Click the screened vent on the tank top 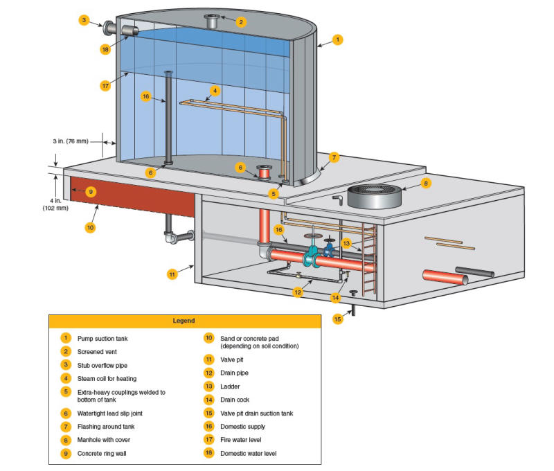(211, 21)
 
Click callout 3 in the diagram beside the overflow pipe (84, 21)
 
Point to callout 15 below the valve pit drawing (338, 319)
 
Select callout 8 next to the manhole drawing (426, 184)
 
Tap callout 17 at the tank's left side (105, 86)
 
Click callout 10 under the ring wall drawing (90, 226)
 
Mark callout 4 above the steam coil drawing (215, 90)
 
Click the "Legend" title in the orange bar (184, 321)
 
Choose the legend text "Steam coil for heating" (107, 378)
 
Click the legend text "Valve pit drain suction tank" (257, 414)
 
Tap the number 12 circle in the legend (208, 373)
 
